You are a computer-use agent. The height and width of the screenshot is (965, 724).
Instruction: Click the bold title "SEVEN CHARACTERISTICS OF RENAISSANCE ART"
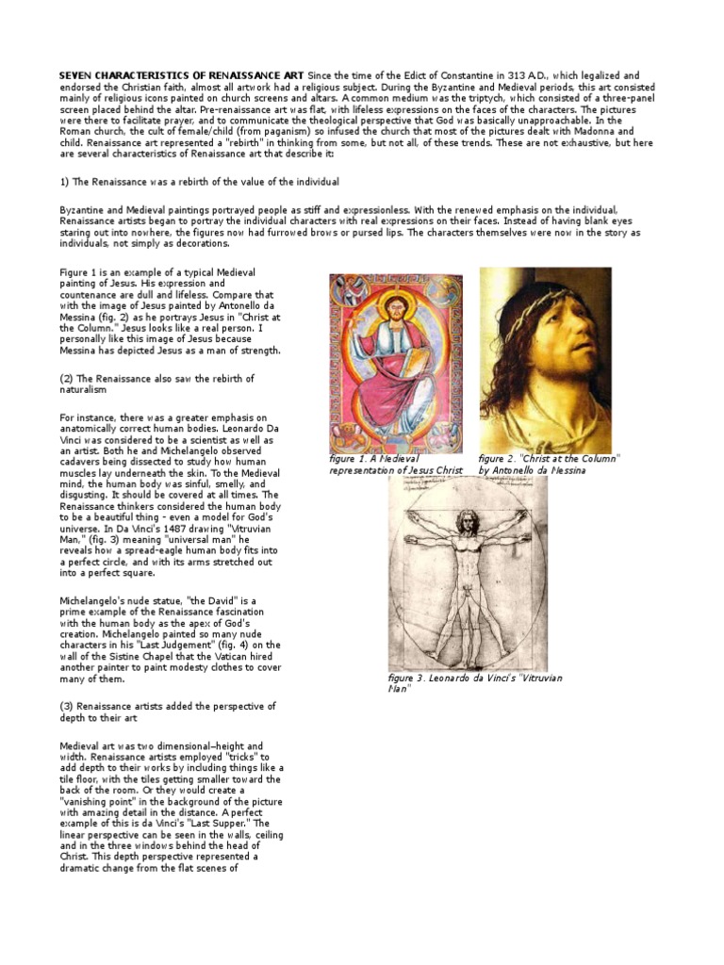176,74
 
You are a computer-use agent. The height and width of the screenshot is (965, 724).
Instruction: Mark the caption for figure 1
395,464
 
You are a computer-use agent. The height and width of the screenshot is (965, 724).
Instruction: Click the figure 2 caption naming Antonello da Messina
549,464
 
